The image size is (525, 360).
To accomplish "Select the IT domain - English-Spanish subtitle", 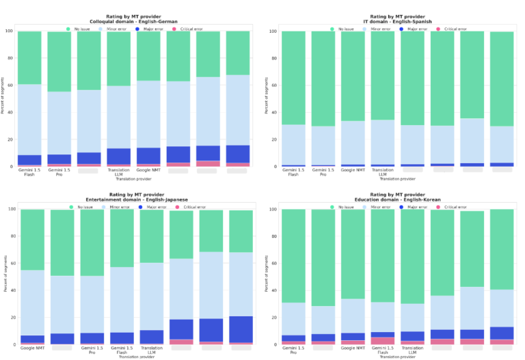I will coord(398,21).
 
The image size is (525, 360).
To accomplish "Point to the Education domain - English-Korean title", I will coord(398,199).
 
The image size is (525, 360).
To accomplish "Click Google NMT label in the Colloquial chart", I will coord(148,170).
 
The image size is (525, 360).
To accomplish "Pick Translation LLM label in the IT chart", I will coord(383,172).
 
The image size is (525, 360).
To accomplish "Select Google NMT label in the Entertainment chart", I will coord(32,348).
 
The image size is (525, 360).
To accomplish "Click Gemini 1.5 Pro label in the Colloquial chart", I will coord(59,172).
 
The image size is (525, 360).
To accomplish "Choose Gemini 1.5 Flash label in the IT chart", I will coord(293,172).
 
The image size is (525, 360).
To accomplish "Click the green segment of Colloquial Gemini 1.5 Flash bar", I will coord(29,58).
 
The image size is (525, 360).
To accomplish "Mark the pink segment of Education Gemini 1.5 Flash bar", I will coord(383,340).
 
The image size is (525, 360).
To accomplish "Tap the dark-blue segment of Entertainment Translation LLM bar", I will coord(151,336).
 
